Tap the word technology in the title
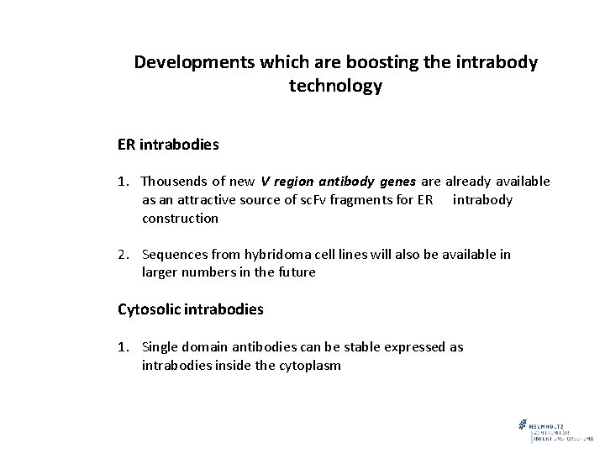click(x=335, y=86)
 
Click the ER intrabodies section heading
click(x=168, y=145)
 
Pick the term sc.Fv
click(x=303, y=200)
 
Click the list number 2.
click(x=123, y=254)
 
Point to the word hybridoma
click(x=274, y=254)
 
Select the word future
click(x=296, y=272)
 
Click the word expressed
click(x=411, y=347)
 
